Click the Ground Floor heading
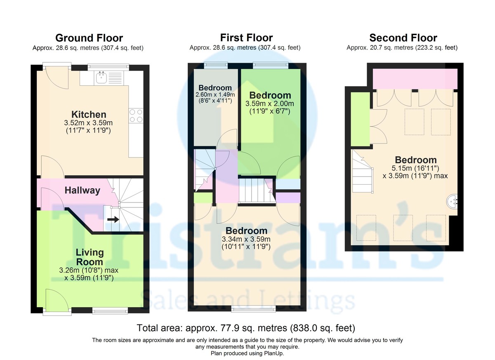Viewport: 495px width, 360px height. (89, 38)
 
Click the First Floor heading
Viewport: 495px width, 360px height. (246, 38)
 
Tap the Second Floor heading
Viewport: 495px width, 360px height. (403, 38)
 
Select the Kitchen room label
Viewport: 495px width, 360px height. (89, 115)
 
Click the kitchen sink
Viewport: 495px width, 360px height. (101, 78)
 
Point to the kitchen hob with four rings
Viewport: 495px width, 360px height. (136, 115)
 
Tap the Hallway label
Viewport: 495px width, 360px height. (82, 191)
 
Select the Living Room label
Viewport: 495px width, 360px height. (89, 257)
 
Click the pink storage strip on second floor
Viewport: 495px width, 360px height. (415, 79)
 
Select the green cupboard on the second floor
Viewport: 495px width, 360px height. (360, 119)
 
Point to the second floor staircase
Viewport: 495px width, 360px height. (362, 173)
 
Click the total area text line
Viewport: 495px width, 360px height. (246, 328)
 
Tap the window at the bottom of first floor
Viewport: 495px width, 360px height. (253, 308)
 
